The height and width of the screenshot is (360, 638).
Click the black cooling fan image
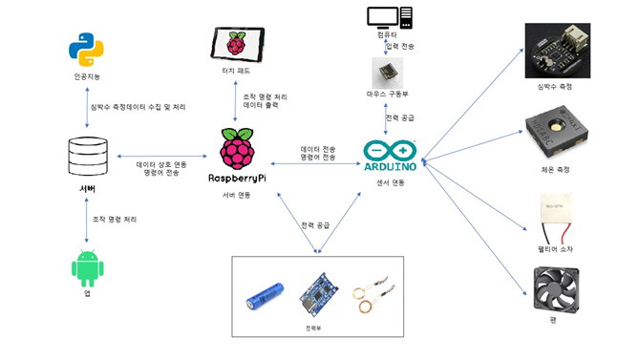(x=557, y=292)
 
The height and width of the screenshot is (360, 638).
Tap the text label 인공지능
(x=86, y=77)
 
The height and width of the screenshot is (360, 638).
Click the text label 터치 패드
(x=235, y=72)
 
